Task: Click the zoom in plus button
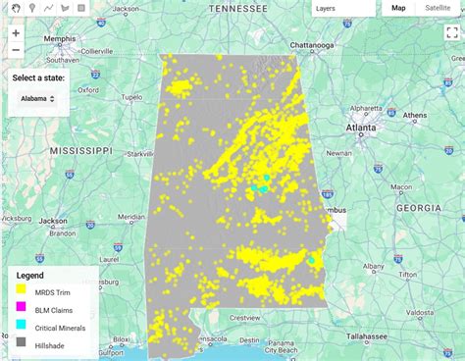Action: tap(16, 33)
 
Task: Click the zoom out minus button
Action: tap(16, 50)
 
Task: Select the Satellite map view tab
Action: tap(438, 8)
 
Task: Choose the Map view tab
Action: tap(398, 8)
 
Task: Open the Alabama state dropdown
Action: tap(38, 98)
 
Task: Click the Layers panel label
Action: tap(325, 8)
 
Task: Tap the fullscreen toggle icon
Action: tap(452, 32)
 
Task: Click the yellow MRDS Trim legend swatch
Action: tap(20, 291)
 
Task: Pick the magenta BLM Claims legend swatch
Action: tap(20, 309)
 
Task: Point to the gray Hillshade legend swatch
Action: tap(20, 342)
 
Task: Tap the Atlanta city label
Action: tap(360, 127)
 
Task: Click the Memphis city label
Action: tap(60, 40)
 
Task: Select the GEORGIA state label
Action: tap(418, 208)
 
